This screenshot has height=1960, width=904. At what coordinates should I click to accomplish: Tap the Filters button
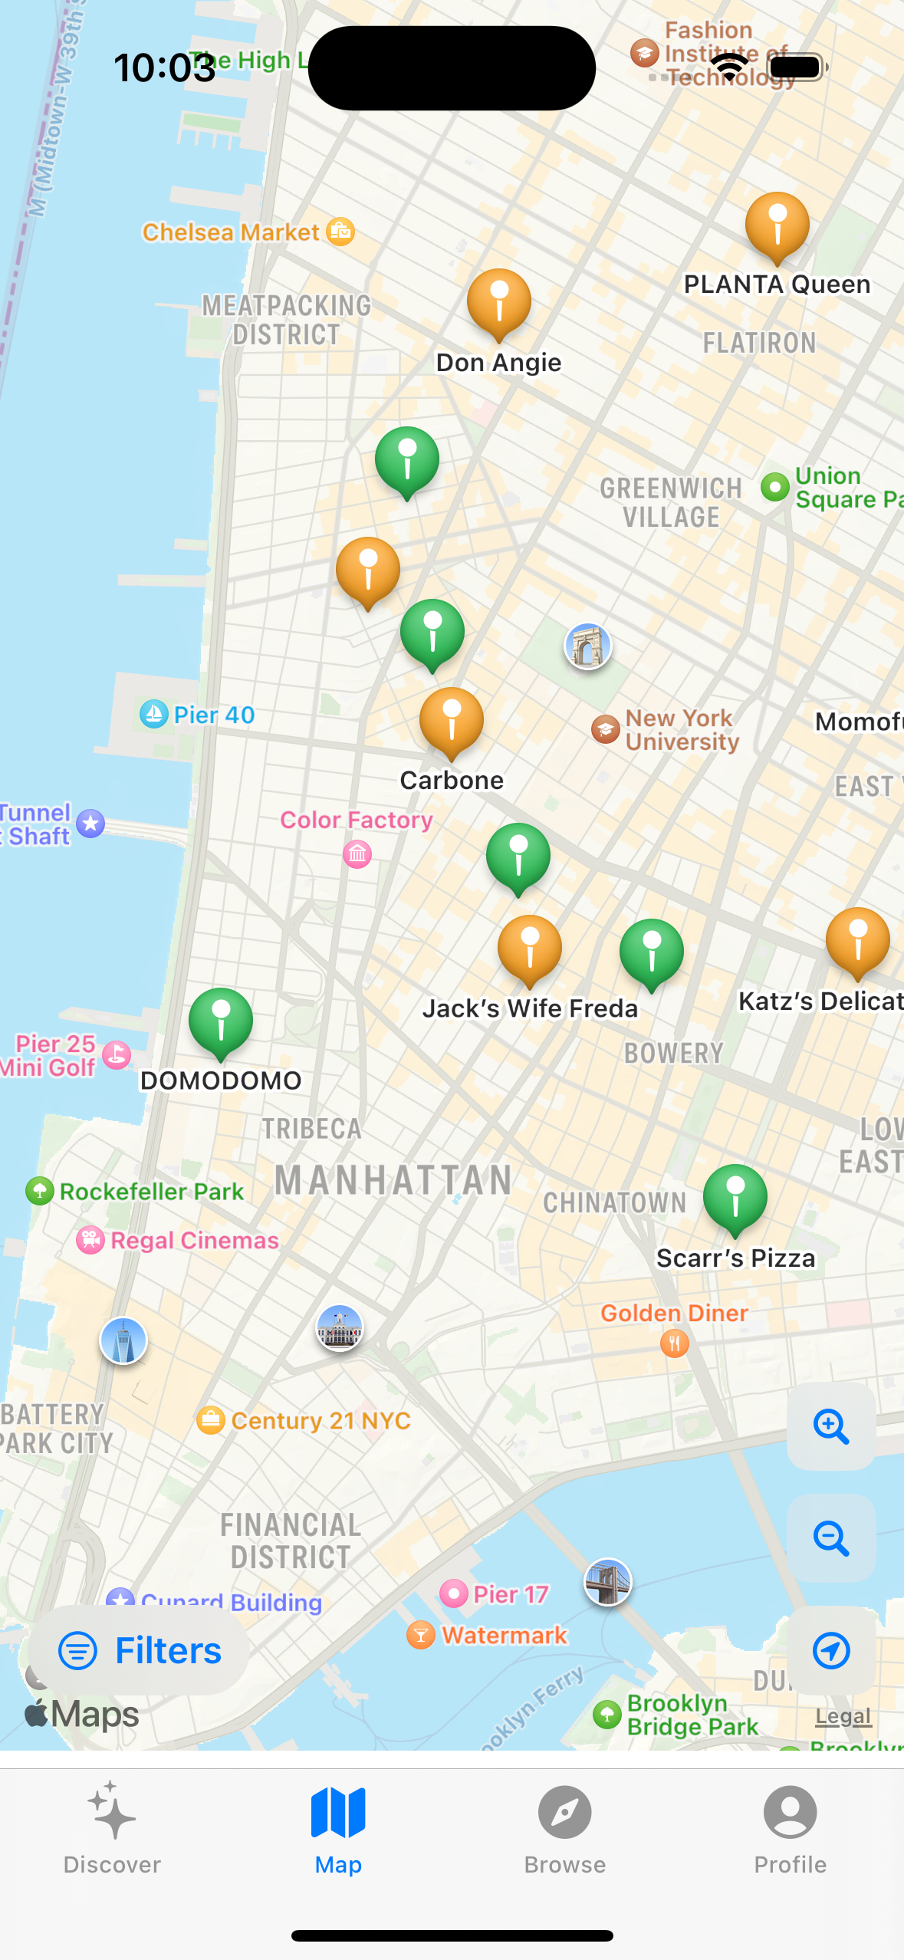[140, 1650]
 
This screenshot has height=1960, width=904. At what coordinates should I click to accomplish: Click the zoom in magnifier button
[831, 1426]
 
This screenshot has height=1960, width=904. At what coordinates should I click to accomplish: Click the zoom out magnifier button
[831, 1538]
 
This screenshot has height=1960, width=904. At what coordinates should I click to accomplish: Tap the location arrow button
[831, 1650]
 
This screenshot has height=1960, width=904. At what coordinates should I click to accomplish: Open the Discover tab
[112, 1828]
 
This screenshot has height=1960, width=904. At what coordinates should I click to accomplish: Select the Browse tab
[564, 1828]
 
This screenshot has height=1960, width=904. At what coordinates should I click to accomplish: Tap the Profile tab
[790, 1828]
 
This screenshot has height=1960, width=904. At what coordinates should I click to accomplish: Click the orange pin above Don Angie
[499, 301]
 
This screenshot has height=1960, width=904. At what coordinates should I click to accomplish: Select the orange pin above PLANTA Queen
[777, 224]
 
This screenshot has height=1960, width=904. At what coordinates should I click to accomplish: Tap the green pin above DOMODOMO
[221, 1021]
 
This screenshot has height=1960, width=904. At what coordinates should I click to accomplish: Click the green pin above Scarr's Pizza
[735, 1197]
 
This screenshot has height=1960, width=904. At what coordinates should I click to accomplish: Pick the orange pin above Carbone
[452, 720]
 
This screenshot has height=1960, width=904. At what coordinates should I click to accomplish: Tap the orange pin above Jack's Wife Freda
[530, 948]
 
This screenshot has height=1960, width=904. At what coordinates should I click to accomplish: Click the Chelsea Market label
[232, 232]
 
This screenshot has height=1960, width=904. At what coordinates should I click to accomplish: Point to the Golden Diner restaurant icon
[675, 1343]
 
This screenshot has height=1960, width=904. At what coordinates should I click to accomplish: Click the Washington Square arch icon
[588, 646]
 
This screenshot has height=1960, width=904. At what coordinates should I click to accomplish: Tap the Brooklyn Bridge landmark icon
[608, 1581]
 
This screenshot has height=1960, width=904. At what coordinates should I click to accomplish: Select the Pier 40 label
[213, 715]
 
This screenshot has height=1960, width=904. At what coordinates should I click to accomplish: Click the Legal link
[843, 1716]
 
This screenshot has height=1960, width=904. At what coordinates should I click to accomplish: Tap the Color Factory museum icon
[357, 853]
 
